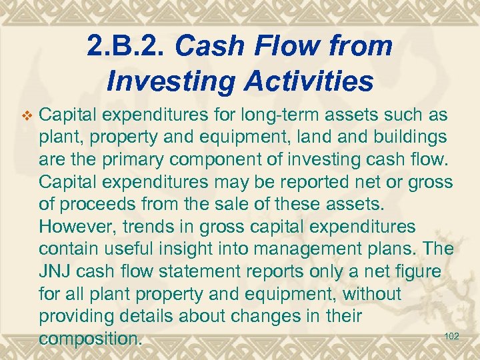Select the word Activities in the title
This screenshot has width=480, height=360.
click(306, 81)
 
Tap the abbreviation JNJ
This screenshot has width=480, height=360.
click(56, 272)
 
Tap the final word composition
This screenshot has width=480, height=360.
click(90, 339)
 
